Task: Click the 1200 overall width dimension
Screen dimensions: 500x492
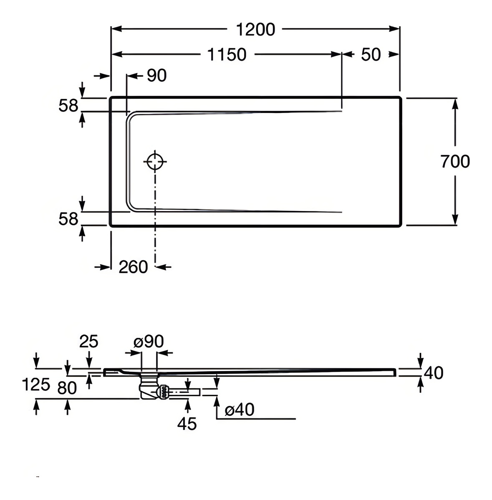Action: point(255,29)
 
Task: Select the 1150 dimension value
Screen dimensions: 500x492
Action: point(227,54)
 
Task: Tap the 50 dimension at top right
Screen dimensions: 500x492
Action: point(371,55)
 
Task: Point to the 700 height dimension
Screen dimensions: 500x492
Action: point(455,161)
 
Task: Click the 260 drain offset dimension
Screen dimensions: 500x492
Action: point(133,267)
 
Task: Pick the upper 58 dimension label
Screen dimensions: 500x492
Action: point(68,106)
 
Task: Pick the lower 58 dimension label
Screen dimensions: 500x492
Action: point(68,219)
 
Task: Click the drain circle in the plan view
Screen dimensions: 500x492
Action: point(155,161)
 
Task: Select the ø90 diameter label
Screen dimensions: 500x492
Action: point(149,342)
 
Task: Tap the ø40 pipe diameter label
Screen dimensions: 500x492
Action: point(239,410)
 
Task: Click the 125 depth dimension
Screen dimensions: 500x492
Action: point(36,384)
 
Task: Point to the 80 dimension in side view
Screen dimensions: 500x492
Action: point(67,388)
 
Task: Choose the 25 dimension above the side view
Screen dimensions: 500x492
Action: point(88,342)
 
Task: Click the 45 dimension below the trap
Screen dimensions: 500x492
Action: point(187,424)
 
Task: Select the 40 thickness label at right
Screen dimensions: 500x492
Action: point(433,373)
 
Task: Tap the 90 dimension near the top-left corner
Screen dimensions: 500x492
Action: point(156,75)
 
